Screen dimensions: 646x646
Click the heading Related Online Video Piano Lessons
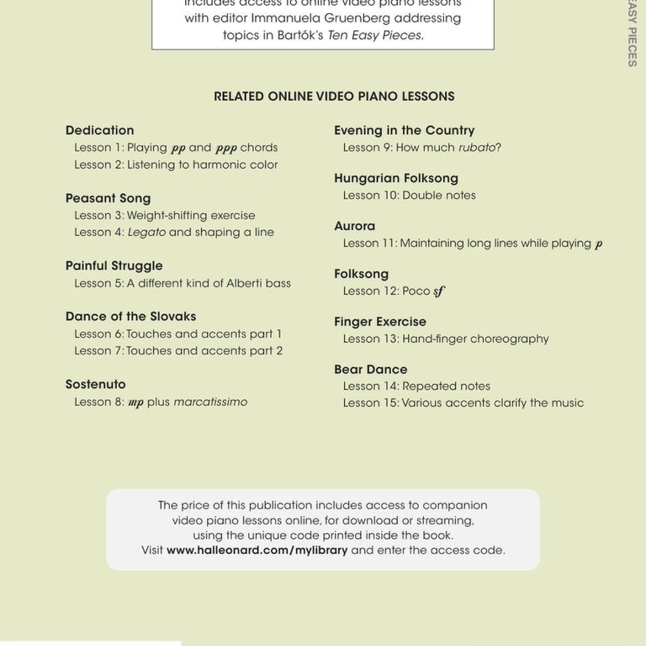[x=334, y=96]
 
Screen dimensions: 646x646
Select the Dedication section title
[x=100, y=131]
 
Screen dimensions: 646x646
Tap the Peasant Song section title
[x=108, y=199]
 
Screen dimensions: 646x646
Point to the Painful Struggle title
[x=114, y=266]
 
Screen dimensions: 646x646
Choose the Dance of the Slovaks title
[x=131, y=316]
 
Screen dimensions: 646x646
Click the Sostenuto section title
[x=96, y=384]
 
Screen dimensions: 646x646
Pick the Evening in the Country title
[x=404, y=131]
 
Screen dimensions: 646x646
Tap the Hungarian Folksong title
[x=396, y=178]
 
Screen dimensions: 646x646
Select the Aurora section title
[x=354, y=226]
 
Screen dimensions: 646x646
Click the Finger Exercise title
[x=380, y=321]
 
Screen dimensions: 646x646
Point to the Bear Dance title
[x=371, y=369]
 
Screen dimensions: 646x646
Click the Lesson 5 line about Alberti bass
[x=182, y=283]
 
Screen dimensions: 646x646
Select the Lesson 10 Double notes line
[x=409, y=195]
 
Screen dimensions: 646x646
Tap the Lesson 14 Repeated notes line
[x=416, y=386]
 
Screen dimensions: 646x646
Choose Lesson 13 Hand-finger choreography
[x=446, y=339]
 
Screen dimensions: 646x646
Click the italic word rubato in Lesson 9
[x=477, y=147]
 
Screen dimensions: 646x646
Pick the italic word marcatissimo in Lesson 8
[x=210, y=402]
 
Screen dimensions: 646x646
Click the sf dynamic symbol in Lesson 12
[x=439, y=292]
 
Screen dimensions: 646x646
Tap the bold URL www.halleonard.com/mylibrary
[x=257, y=550]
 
